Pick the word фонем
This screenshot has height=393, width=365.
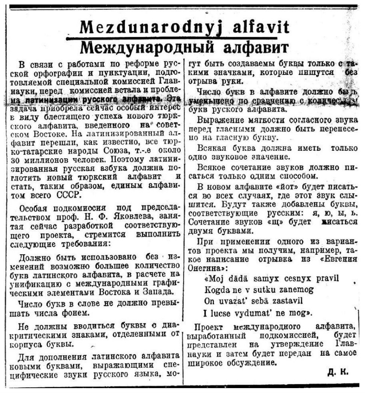point(93,312)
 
